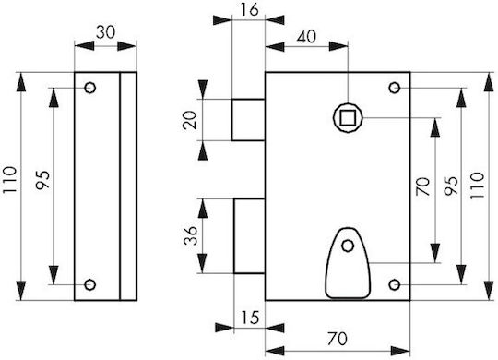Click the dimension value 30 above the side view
tap(105, 32)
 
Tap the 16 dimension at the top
tap(249, 10)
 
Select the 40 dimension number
tap(306, 37)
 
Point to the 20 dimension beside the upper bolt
tap(190, 120)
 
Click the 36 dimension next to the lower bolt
tap(191, 235)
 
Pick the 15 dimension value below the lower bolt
tap(250, 318)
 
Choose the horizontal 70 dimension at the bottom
tap(337, 339)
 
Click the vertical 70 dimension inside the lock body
tap(423, 186)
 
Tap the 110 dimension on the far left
tap(10, 180)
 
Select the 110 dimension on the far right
tap(477, 186)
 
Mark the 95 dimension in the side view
tap(42, 180)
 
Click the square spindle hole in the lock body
tap(348, 117)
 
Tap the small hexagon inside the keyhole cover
tap(348, 246)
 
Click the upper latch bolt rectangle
tap(248, 120)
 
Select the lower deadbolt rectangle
tap(249, 236)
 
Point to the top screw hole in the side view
tap(90, 88)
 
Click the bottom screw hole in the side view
tap(90, 284)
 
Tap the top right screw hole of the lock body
tap(395, 88)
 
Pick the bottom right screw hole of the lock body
tap(395, 284)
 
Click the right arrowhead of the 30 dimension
tap(127, 46)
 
